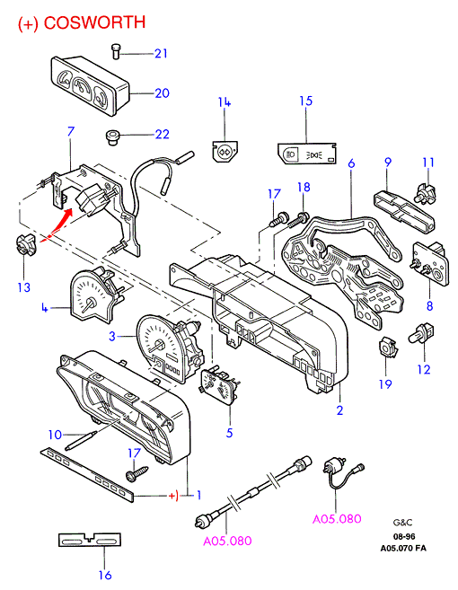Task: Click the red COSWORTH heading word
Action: (94, 22)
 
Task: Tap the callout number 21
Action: (161, 53)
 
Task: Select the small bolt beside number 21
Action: (116, 51)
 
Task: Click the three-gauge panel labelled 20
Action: (90, 86)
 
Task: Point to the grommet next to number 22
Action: (111, 137)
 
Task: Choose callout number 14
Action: (225, 102)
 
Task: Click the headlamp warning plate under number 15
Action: (307, 153)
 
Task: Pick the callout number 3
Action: (111, 336)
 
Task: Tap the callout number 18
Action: (304, 188)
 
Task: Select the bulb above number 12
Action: (421, 332)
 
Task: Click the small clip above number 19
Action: (388, 346)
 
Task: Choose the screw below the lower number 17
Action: (137, 473)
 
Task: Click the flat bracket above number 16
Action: (90, 540)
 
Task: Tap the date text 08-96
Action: (404, 536)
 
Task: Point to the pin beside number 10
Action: (82, 440)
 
